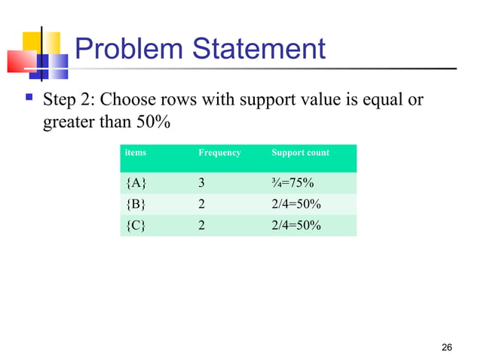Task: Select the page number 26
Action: pos(446,346)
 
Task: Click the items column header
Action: pos(136,153)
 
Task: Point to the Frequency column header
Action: pos(219,153)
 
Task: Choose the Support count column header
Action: pos(300,153)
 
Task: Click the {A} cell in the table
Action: pos(136,184)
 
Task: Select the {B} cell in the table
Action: pos(136,204)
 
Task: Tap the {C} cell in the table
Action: pos(136,224)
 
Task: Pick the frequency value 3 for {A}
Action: pos(201,184)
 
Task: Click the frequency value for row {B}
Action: pos(201,204)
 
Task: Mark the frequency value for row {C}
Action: pos(201,224)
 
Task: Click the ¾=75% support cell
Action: pos(293,184)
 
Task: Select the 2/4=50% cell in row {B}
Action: pos(296,204)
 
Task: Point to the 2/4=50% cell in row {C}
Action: pos(296,224)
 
